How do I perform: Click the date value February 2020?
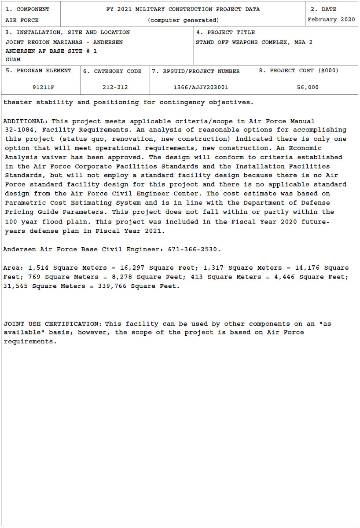pyautogui.click(x=331, y=19)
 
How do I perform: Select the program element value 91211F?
pyautogui.click(x=44, y=87)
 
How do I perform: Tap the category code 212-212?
pyautogui.click(x=115, y=87)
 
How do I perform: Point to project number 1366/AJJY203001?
pyautogui.click(x=201, y=87)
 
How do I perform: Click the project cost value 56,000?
pyautogui.click(x=308, y=87)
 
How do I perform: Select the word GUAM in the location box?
pyautogui.click(x=13, y=59)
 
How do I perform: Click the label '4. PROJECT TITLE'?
pyautogui.click(x=225, y=32)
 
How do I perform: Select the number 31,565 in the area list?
pyautogui.click(x=15, y=286)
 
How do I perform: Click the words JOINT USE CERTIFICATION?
pyautogui.click(x=51, y=324)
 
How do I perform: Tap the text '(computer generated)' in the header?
pyautogui.click(x=183, y=20)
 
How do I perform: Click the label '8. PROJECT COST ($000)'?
pyautogui.click(x=298, y=70)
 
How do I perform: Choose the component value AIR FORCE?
pyautogui.click(x=22, y=20)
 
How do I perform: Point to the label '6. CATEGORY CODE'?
pyautogui.click(x=113, y=71)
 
